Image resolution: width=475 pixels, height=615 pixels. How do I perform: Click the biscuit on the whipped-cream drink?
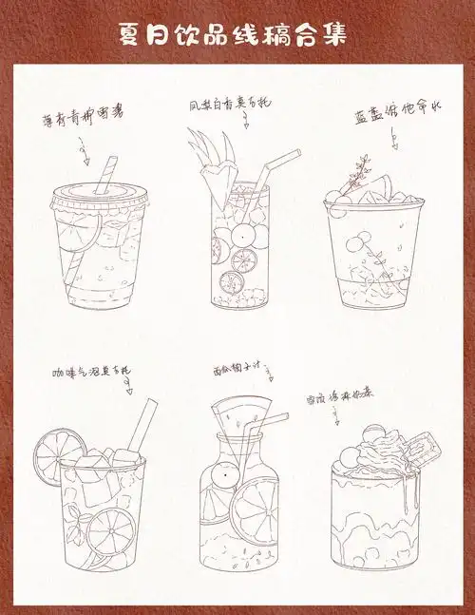point(418,448)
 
